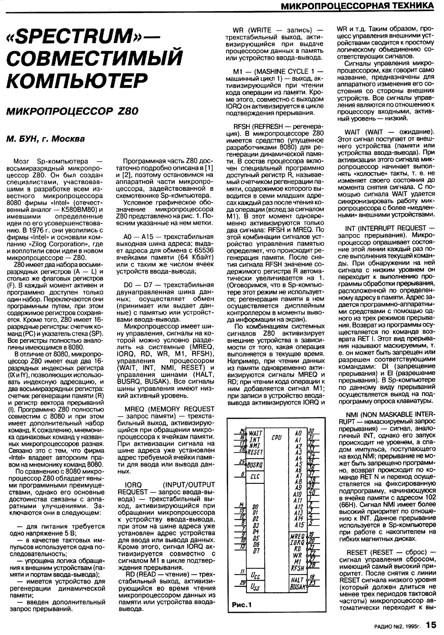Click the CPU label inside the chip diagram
pos(276,435)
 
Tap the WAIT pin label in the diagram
pos(255,433)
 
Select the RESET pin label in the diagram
pos(255,452)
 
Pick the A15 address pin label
pos(299,525)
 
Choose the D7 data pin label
pos(255,550)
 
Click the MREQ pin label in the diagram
pos(298,536)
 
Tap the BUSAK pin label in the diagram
pos(298,586)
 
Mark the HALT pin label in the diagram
pos(298,579)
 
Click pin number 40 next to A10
pos(312,492)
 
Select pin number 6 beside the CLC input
pos(238,474)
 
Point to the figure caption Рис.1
pos(241,605)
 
